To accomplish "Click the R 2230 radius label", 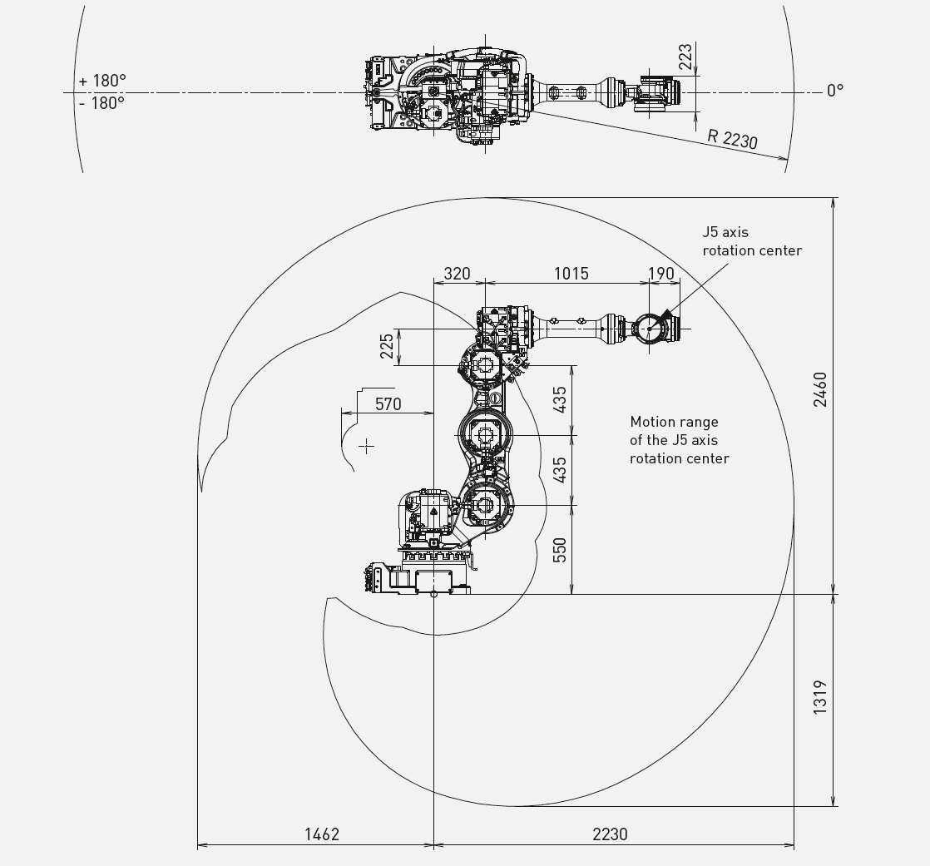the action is tap(733, 140).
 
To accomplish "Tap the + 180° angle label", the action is tap(102, 81).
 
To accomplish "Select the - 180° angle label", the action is tap(101, 102).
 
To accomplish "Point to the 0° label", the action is tap(835, 91).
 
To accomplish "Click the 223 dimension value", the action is tap(685, 57).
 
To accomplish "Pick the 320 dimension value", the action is tap(457, 274).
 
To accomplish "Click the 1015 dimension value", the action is tap(571, 274).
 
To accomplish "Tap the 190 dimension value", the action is tap(660, 274).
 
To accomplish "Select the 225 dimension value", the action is tap(387, 346).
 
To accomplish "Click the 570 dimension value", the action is tap(388, 404).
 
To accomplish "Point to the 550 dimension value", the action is tap(559, 550).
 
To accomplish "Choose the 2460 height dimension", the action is tap(819, 389).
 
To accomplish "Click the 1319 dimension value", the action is tap(819, 697).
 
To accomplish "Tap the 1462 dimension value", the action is tap(322, 834).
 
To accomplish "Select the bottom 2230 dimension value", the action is tap(610, 834).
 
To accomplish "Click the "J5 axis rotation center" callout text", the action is tap(752, 241).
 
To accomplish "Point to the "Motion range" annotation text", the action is tap(675, 422).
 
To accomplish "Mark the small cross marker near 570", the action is tap(367, 446).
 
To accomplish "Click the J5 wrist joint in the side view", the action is tap(650, 329).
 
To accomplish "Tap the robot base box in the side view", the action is tap(434, 580).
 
